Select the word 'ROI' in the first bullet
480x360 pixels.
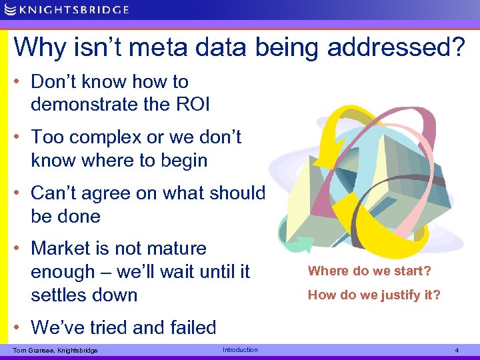[193, 105]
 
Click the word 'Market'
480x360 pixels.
[64, 249]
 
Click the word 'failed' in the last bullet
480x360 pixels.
[189, 327]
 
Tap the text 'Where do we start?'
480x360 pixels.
[369, 271]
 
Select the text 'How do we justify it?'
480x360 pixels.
[374, 295]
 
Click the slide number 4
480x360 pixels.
[457, 350]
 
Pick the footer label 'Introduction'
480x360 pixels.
[240, 350]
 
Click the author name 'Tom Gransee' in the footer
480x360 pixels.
[33, 351]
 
